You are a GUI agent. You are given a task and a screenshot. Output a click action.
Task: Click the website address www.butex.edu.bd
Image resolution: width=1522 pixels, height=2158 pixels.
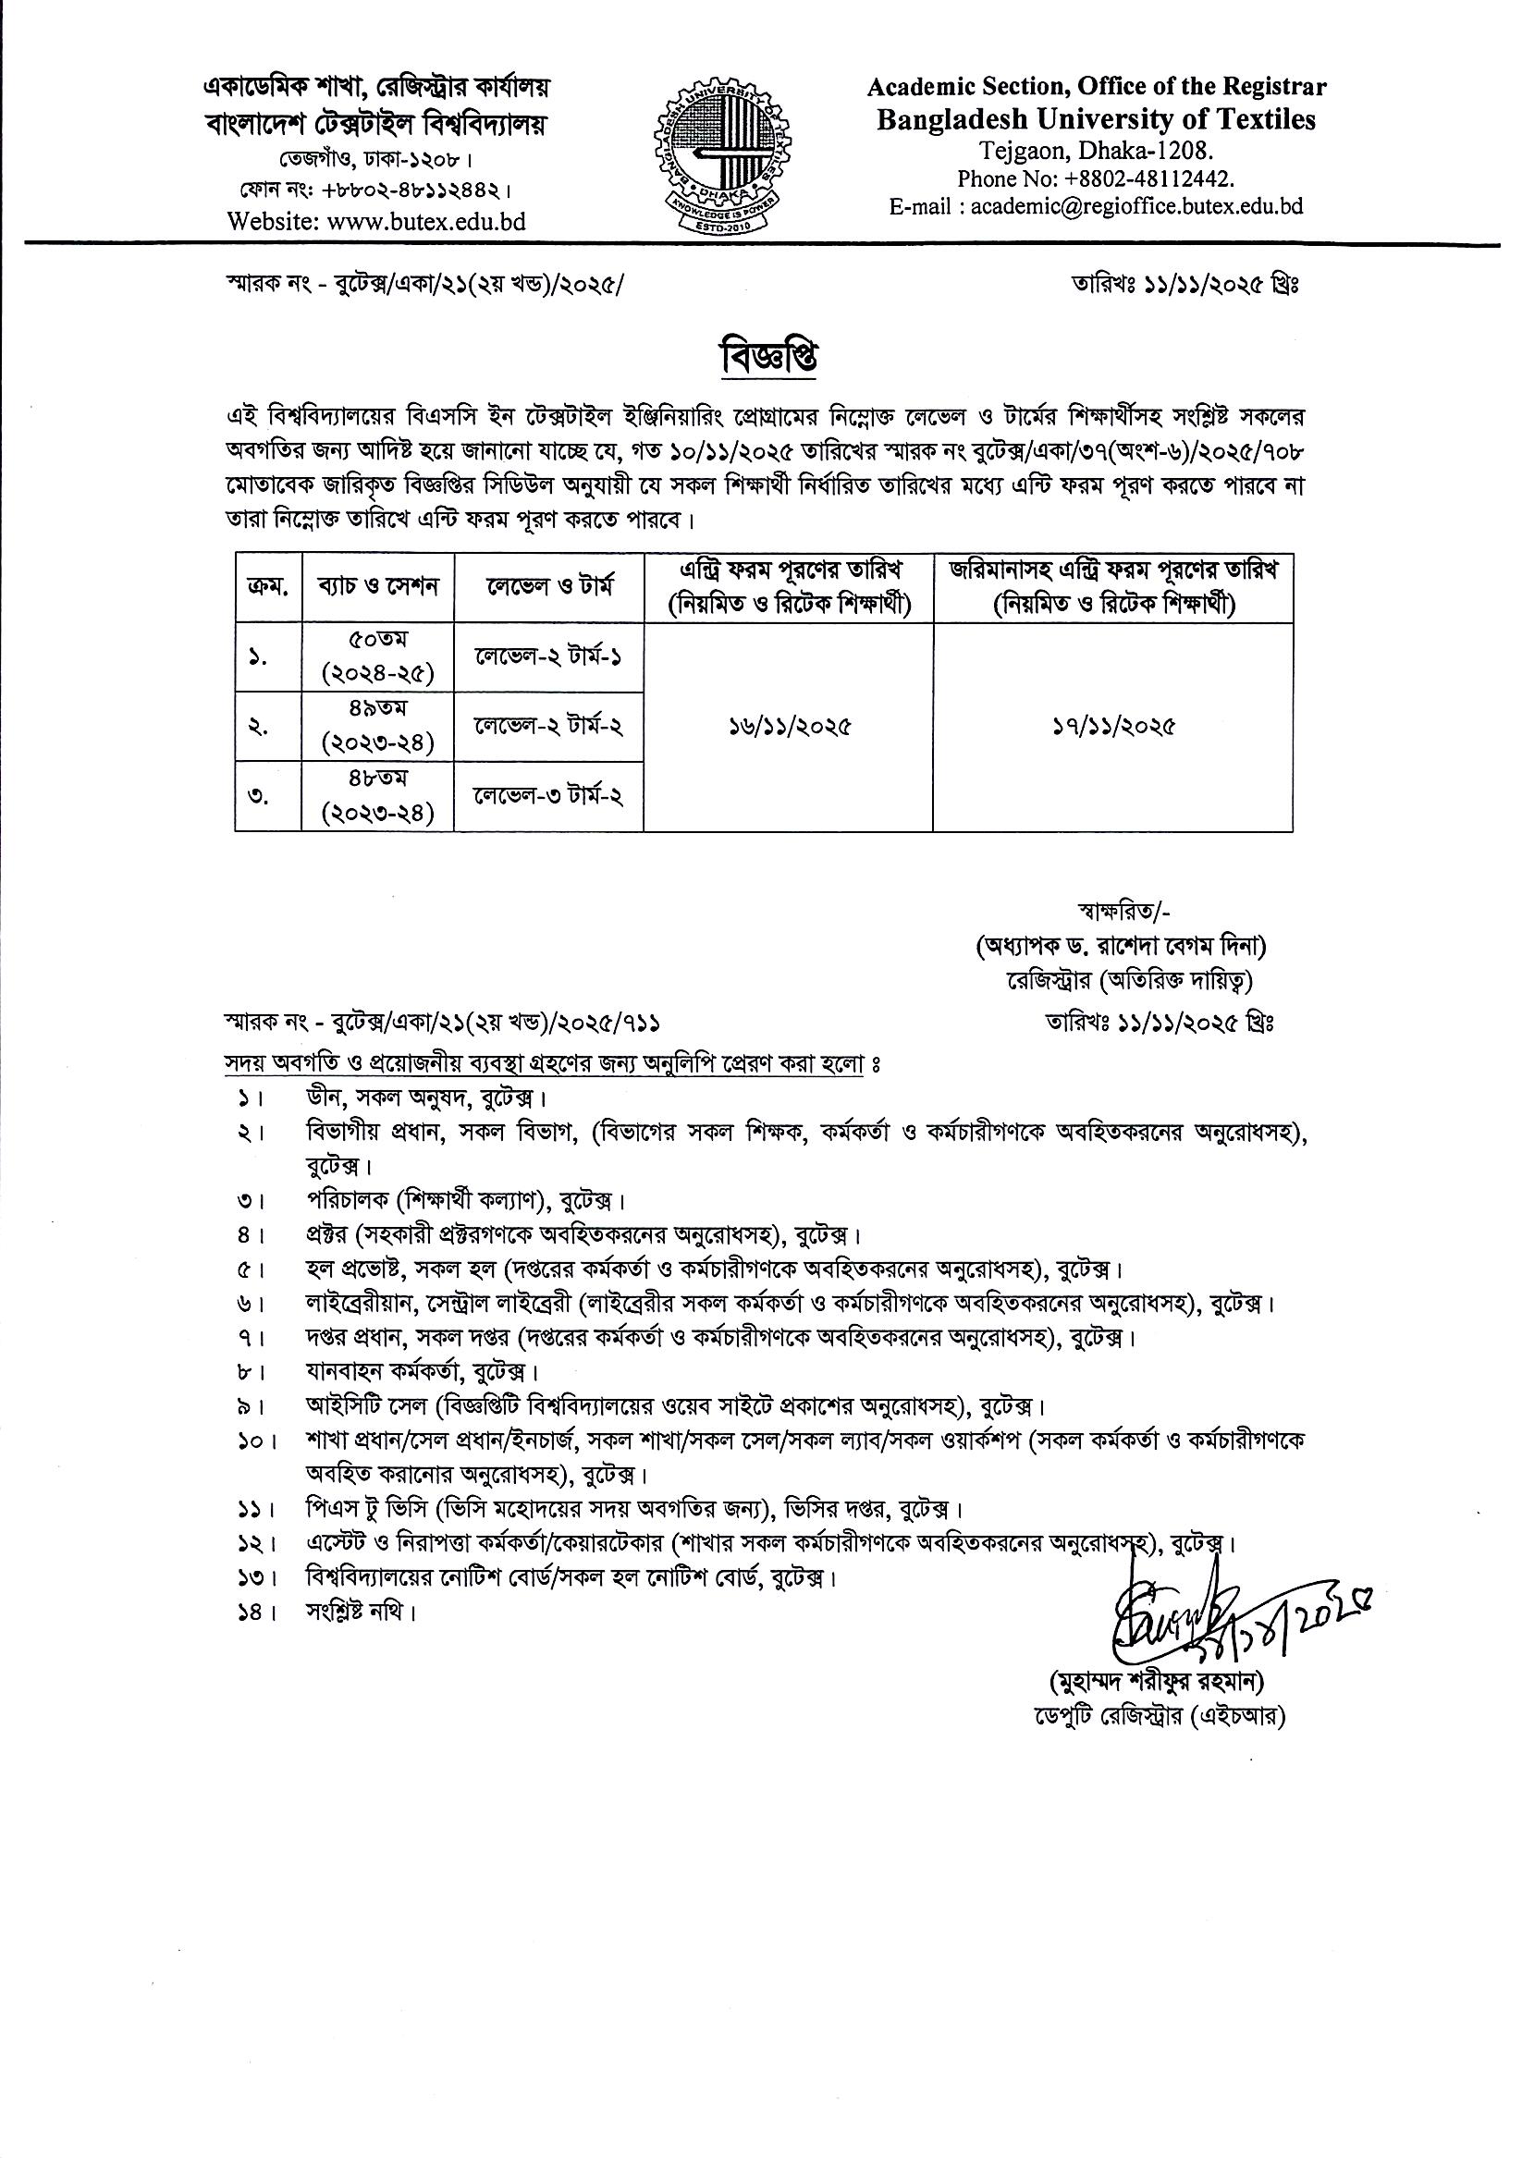(376, 222)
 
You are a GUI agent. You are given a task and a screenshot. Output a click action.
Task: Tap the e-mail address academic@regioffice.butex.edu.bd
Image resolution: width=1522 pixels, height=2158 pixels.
(1096, 206)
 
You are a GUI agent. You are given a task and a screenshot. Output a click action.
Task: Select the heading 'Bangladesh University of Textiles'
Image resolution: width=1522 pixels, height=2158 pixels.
(1096, 119)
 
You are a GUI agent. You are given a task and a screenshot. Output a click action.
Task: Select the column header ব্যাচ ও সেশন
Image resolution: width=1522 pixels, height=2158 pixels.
(378, 586)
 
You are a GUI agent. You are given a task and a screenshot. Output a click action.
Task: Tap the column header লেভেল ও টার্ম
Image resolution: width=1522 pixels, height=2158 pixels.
(549, 586)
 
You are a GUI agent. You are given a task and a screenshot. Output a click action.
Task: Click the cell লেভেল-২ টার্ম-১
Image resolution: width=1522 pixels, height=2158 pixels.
(549, 657)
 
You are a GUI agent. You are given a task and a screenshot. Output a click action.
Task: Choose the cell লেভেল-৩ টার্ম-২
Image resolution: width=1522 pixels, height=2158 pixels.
(549, 796)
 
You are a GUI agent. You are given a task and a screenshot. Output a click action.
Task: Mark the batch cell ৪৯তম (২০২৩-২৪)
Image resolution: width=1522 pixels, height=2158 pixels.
(378, 727)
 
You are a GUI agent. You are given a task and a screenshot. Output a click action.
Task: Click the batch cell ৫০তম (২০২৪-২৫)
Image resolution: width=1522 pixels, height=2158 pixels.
(378, 657)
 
